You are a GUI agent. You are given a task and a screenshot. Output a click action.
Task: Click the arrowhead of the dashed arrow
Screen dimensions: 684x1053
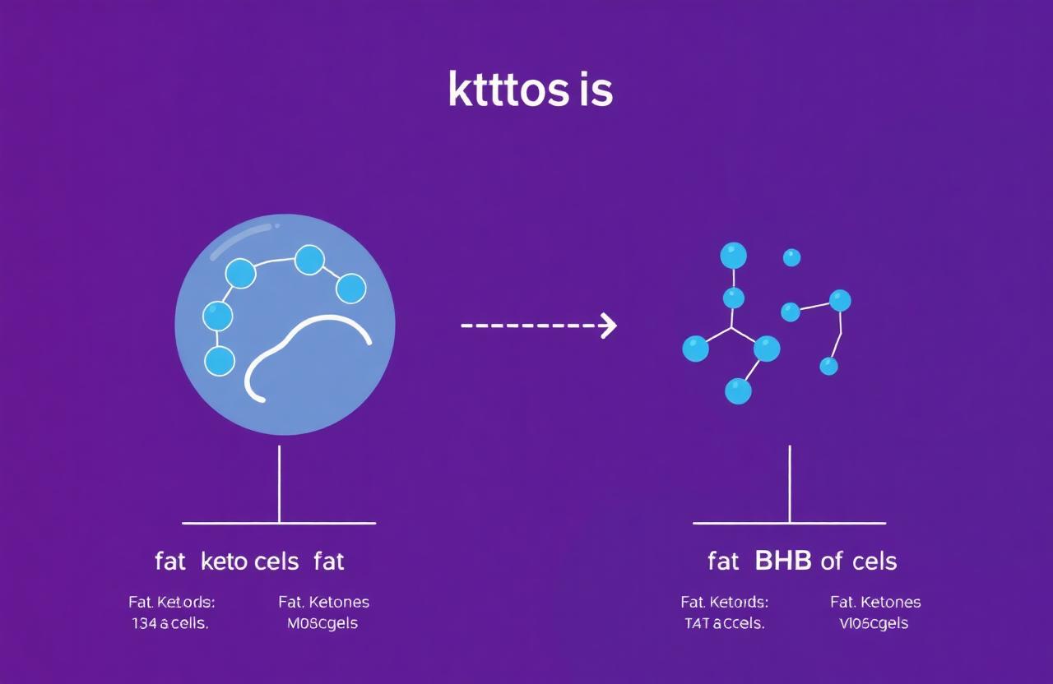(x=610, y=326)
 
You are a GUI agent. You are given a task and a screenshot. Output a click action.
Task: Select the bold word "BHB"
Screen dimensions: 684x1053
(x=782, y=562)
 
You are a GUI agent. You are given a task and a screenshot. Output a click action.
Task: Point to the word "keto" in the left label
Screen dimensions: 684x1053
(x=223, y=562)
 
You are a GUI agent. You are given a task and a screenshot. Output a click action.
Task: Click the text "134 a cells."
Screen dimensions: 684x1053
(x=169, y=623)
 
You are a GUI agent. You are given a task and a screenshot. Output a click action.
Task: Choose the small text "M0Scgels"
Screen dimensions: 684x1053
(x=322, y=623)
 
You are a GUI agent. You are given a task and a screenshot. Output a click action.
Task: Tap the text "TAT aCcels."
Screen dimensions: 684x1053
(x=724, y=623)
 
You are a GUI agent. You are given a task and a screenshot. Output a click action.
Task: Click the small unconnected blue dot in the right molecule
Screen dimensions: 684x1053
(x=791, y=257)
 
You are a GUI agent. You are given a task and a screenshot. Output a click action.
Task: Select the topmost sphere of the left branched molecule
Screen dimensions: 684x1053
(x=733, y=256)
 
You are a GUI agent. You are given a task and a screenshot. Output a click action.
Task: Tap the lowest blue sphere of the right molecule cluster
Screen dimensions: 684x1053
(x=738, y=391)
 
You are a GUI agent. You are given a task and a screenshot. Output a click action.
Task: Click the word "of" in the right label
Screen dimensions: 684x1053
(x=832, y=562)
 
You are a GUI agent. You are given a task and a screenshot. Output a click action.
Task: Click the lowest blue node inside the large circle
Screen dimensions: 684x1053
(x=220, y=360)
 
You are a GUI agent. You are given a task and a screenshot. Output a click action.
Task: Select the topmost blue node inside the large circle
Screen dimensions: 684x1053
(x=309, y=259)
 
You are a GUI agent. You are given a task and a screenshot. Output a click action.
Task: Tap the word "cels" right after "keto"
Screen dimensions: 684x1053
(x=277, y=562)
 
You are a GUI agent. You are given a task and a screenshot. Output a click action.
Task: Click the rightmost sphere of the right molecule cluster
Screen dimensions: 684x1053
(x=840, y=300)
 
